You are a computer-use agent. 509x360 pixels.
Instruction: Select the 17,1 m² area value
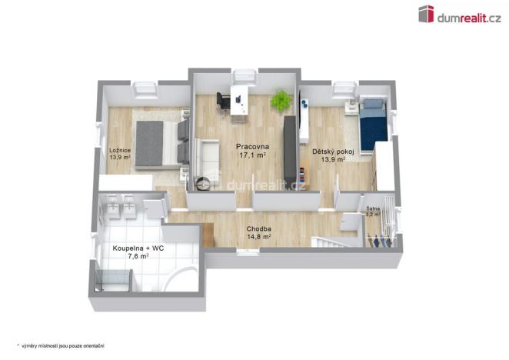(x=252, y=155)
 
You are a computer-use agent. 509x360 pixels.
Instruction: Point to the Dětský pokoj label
(x=332, y=152)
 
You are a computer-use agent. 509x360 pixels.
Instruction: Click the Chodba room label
(x=258, y=228)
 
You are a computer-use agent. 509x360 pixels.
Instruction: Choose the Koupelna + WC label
(x=138, y=248)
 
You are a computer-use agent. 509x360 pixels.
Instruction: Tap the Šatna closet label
(x=373, y=208)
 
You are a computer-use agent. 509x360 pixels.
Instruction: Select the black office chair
(x=223, y=101)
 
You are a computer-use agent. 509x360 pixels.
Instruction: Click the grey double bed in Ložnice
(x=158, y=143)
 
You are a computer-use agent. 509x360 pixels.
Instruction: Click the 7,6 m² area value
(x=138, y=258)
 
